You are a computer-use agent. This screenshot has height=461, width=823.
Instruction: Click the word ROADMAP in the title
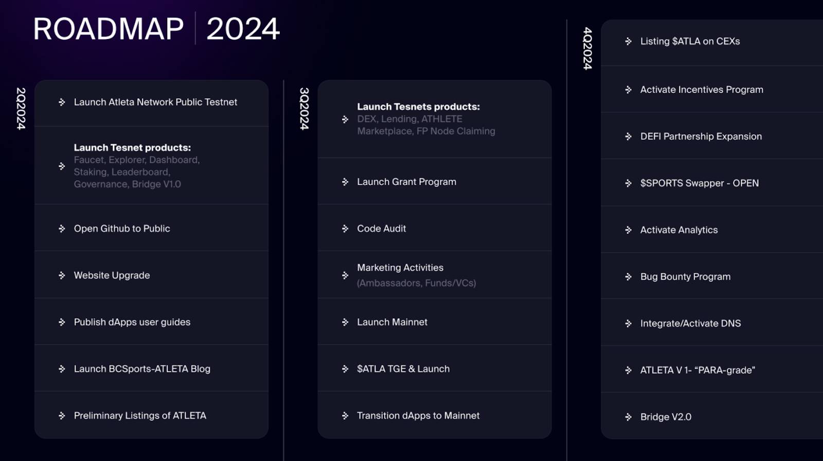pos(109,29)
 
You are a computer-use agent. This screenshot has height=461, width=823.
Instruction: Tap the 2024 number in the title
pos(243,29)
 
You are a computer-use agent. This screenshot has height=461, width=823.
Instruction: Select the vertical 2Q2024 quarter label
pos(21,108)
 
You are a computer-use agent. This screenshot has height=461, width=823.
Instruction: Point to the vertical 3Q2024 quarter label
pos(304,108)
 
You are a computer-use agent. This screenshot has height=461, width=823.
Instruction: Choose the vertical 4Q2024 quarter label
pos(587,48)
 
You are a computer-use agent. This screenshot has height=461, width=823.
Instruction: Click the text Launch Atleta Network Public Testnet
pos(155,102)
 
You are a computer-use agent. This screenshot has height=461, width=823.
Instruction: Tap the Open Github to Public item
pos(122,229)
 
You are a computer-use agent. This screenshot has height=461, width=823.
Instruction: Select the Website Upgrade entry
pos(112,275)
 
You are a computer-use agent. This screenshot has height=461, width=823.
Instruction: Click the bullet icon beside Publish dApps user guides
pos(62,322)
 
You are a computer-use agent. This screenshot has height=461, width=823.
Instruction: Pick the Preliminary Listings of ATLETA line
pos(140,415)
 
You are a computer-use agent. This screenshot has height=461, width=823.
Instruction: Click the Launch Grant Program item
pos(407,182)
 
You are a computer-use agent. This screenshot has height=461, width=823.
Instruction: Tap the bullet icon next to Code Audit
pos(345,229)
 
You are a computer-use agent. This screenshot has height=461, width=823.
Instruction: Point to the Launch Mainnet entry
pos(392,322)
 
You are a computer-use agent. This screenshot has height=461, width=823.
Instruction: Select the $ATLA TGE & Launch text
pos(403,369)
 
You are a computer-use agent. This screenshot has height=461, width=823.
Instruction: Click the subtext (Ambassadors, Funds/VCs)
pos(416,283)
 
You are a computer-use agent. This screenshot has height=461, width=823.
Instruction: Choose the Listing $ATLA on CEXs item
pos(690,41)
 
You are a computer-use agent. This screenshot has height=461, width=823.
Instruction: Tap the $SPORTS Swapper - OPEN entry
pos(700,183)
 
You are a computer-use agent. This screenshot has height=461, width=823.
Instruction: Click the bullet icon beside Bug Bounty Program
pos(628,276)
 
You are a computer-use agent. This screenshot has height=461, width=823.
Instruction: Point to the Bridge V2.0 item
pos(666,417)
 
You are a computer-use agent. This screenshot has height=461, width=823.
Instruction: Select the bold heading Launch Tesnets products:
pos(419,107)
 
